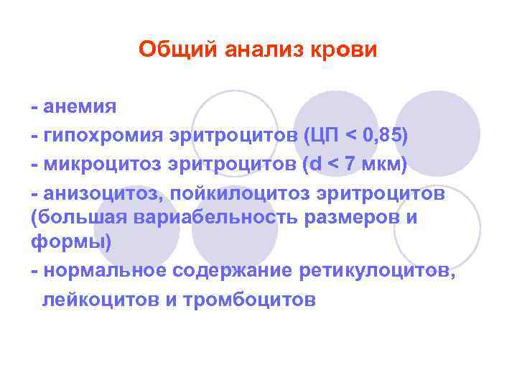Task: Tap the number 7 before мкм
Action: click(350, 165)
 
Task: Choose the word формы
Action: click(68, 243)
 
